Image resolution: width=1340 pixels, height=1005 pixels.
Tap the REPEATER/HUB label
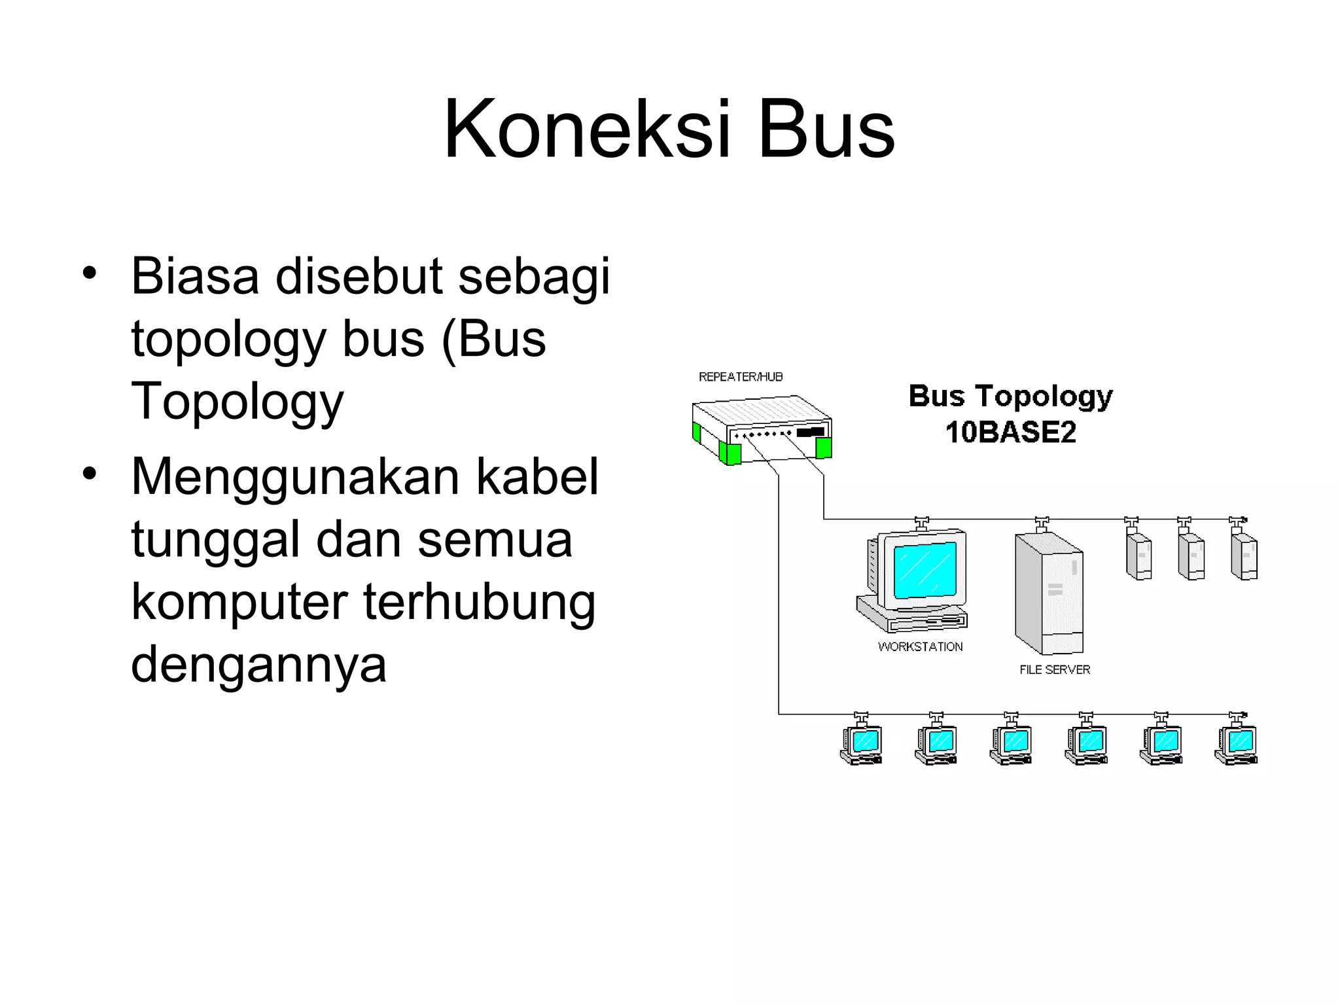click(x=741, y=377)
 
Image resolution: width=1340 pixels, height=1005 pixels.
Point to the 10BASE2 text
click(x=1010, y=432)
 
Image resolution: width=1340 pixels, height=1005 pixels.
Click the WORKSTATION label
click(x=920, y=646)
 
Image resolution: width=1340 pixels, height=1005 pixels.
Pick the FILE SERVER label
click(x=1055, y=669)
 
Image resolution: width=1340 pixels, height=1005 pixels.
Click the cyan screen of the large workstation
click(x=925, y=569)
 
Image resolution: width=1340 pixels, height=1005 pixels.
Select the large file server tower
click(x=1048, y=593)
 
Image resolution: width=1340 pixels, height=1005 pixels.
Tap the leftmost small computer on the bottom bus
click(x=861, y=745)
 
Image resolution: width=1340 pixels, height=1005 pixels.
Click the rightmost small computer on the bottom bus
click(x=1236, y=745)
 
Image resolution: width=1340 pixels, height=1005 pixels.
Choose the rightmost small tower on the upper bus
click(x=1244, y=556)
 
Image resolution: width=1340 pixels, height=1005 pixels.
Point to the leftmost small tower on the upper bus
click(x=1138, y=556)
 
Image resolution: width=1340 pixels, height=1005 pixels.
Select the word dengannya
click(x=258, y=665)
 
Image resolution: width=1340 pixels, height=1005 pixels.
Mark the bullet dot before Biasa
click(x=90, y=272)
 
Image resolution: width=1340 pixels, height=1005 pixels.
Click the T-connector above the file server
click(x=1042, y=523)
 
